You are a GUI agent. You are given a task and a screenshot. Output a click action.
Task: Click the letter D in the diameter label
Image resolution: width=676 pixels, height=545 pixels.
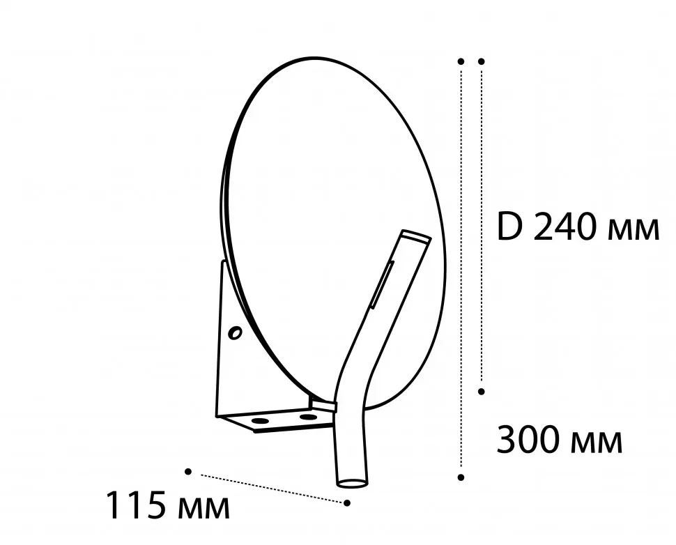coord(510,227)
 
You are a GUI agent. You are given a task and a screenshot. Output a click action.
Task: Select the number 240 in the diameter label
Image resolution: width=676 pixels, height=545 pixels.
coord(565,227)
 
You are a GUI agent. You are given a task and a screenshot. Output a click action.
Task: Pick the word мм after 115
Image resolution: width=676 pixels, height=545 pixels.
coord(203,508)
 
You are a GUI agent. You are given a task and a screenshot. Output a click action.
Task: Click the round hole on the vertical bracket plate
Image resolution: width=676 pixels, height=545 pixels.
coord(235,333)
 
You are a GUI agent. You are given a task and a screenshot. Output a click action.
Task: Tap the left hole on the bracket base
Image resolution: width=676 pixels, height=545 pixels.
coord(259,420)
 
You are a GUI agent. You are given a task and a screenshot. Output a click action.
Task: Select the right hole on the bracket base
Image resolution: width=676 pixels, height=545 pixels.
coord(308,417)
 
